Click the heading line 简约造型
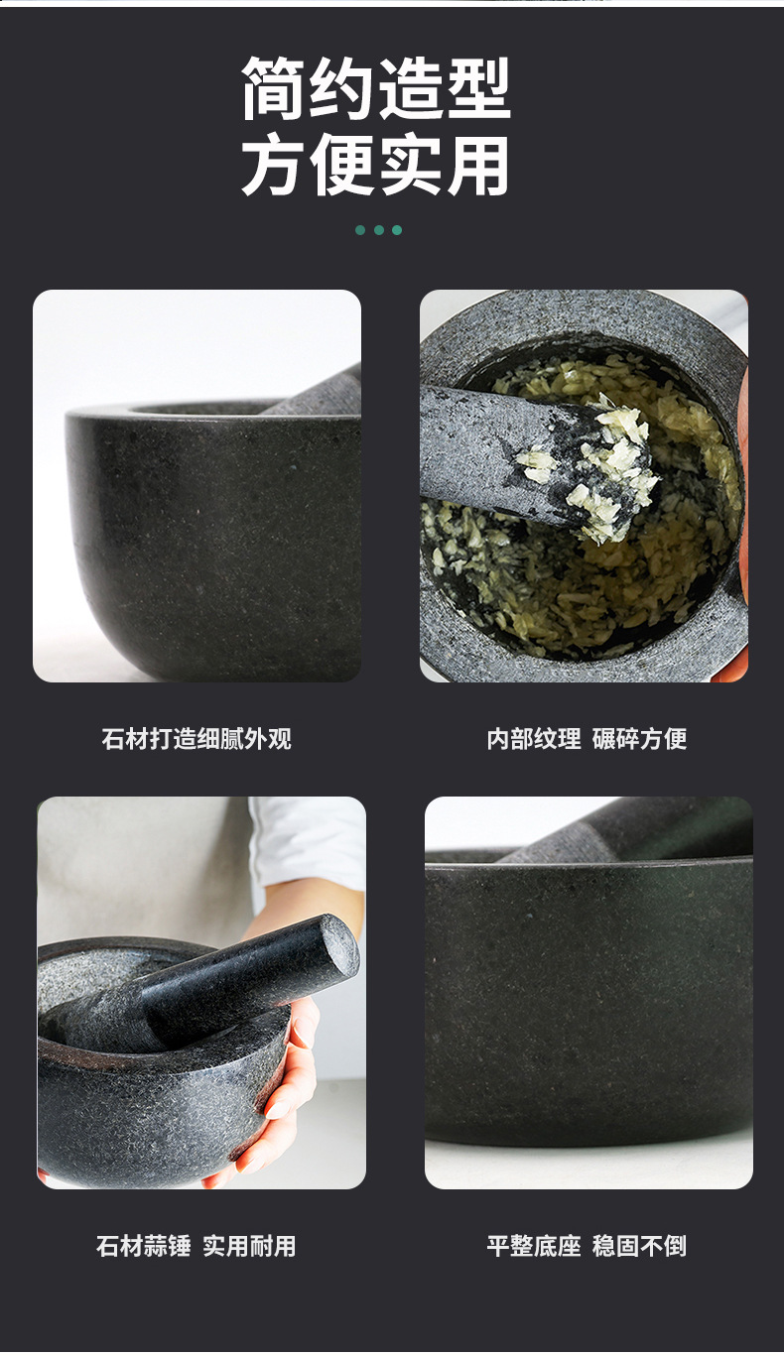pos(376,88)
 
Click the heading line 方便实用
pos(376,164)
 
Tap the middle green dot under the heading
pos(379,230)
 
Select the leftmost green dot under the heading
pos(360,230)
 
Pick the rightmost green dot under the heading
pos(397,230)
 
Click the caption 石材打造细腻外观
pos(196,739)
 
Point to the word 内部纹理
pos(534,739)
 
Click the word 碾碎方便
pos(639,739)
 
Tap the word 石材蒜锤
pos(144,1246)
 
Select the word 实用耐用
pos(249,1246)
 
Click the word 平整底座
pos(534,1246)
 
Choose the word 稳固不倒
pos(639,1246)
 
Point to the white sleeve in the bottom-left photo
pos(309,841)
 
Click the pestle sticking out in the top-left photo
pos(315,391)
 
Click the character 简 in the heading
pos(273,88)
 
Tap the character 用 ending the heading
pos(478,164)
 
